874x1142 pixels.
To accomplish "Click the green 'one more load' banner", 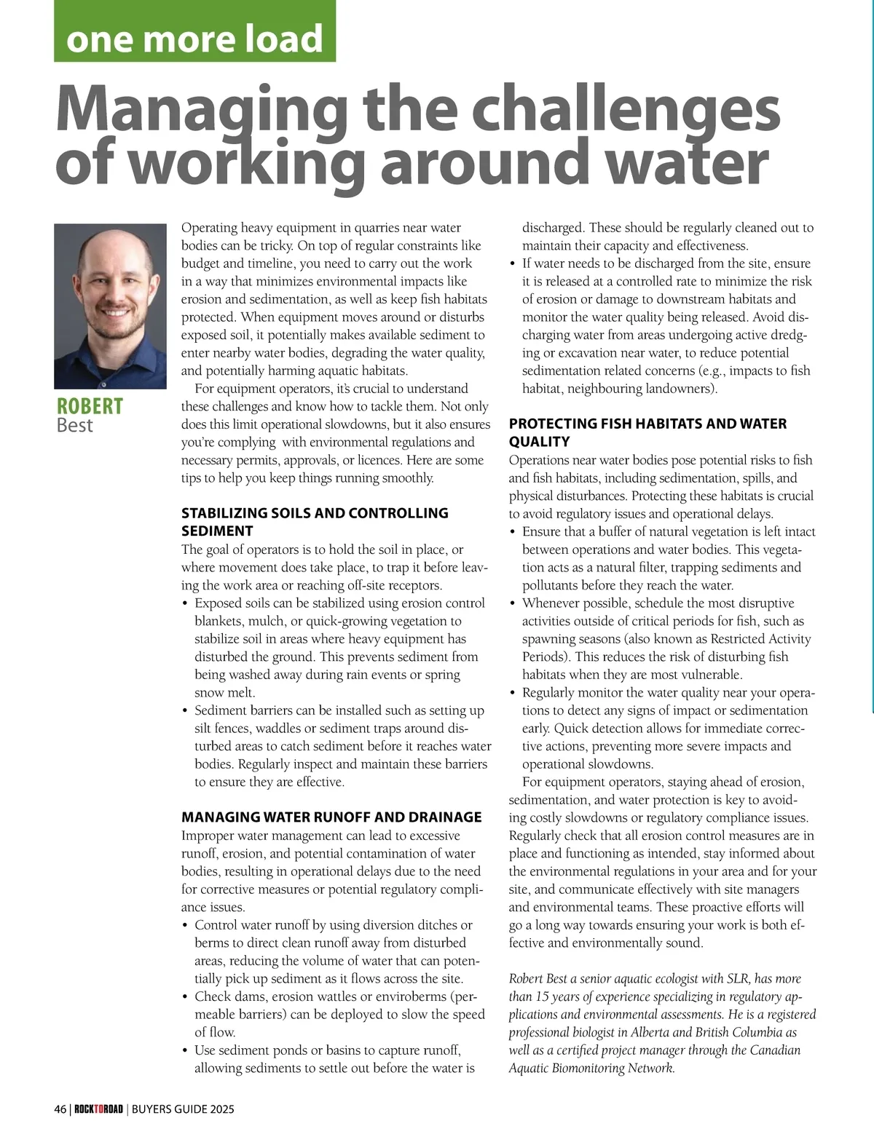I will click(x=194, y=33).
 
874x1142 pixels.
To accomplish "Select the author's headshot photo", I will click(x=110, y=306).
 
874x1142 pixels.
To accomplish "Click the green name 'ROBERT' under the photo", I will click(x=90, y=406).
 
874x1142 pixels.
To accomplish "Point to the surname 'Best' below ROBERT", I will click(x=74, y=425).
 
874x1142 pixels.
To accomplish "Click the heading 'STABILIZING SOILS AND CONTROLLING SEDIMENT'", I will click(x=315, y=521).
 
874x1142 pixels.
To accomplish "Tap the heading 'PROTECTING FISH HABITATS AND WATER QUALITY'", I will click(x=647, y=432).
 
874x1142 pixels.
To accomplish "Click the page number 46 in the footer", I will click(x=60, y=1109).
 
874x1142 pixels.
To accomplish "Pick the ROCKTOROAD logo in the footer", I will click(x=98, y=1109).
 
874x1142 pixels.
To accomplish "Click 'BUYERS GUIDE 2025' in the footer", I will click(x=183, y=1109).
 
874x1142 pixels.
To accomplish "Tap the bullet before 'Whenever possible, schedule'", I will click(x=513, y=603).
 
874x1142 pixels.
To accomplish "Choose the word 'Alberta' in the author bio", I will click(x=647, y=1032).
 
